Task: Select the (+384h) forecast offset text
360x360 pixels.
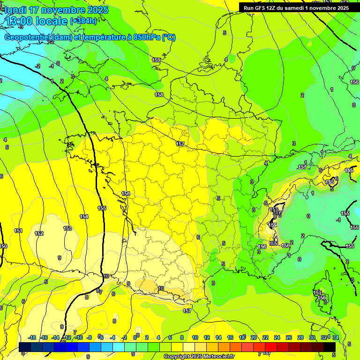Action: (x=84, y=21)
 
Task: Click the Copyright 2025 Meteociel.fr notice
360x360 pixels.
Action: (x=199, y=357)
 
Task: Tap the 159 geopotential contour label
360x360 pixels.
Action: (x=156, y=60)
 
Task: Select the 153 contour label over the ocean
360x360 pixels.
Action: (x=68, y=228)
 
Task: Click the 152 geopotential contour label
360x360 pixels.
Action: (x=39, y=233)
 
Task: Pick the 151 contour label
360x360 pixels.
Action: (x=18, y=231)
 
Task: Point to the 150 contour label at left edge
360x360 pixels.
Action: (x=3, y=246)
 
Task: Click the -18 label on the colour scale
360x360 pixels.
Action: (x=32, y=337)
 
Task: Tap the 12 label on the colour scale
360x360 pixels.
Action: (x=207, y=337)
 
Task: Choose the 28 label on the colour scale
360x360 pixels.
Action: (x=300, y=337)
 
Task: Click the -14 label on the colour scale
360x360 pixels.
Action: (x=55, y=337)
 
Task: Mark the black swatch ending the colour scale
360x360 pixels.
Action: (x=330, y=347)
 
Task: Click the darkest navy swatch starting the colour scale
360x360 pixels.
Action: (x=25, y=347)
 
